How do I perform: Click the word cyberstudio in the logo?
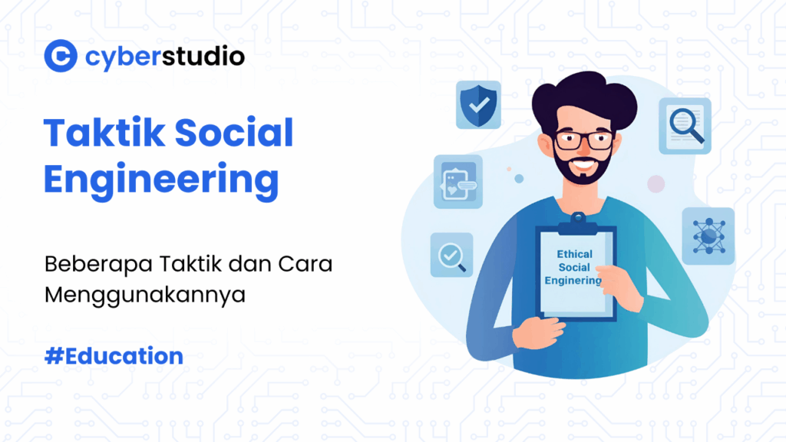165,56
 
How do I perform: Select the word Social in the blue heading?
234,134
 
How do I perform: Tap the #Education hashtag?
114,356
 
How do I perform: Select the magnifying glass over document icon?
684,125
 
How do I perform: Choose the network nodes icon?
708,236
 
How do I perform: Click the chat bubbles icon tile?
457,182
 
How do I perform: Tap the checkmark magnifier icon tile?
451,255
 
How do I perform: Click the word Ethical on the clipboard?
574,254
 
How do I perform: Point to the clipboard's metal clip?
577,223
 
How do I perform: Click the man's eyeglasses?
584,140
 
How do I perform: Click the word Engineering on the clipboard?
573,281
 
